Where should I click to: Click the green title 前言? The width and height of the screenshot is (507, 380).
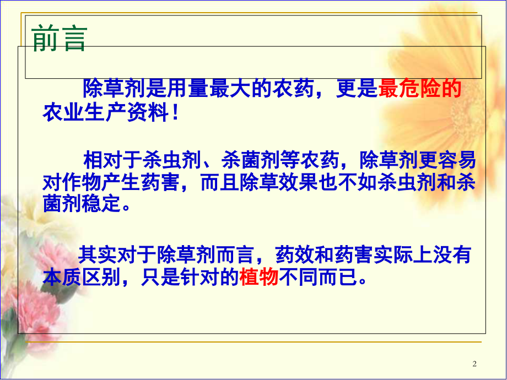(x=60, y=40)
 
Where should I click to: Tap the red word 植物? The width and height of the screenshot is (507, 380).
(x=258, y=278)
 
